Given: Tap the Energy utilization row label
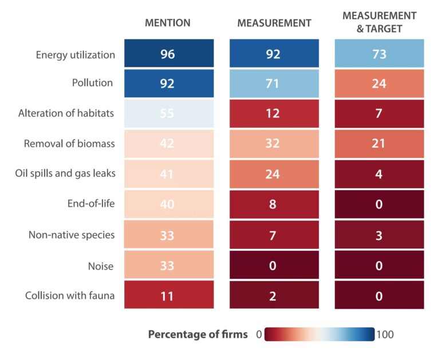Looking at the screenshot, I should [x=75, y=55].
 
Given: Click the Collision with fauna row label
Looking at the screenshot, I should [x=70, y=295].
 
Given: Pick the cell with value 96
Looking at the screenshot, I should [x=168, y=54].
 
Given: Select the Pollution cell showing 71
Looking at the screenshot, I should [x=274, y=84].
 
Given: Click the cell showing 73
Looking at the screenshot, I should [x=378, y=54].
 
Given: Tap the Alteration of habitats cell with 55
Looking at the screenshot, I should [x=168, y=114].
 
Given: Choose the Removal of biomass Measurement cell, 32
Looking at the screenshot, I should [x=274, y=144].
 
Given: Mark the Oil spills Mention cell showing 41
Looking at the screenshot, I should [x=168, y=174].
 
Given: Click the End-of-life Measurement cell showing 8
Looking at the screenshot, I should [x=274, y=204].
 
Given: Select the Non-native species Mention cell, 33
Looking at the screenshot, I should [x=168, y=234].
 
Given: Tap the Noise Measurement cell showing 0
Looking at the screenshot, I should [x=274, y=264].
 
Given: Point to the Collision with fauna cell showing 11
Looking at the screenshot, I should [x=168, y=295].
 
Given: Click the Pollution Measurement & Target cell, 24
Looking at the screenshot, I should [x=378, y=84].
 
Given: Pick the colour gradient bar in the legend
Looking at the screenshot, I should [x=319, y=334].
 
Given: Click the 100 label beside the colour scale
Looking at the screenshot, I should [x=385, y=334].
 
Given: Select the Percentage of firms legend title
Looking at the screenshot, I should [x=198, y=334].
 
